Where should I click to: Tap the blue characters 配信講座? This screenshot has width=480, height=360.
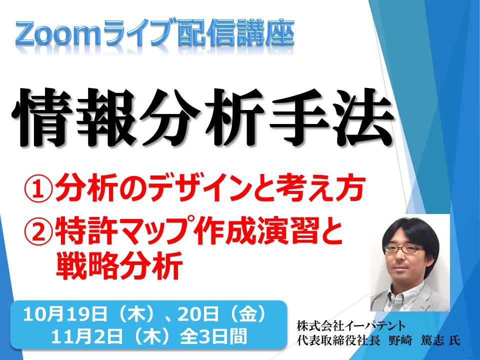(x=236, y=32)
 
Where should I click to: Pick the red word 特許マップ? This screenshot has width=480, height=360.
(x=125, y=230)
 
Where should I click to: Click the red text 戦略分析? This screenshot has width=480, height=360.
(x=119, y=265)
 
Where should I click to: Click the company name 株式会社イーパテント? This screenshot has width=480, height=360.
(x=351, y=326)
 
